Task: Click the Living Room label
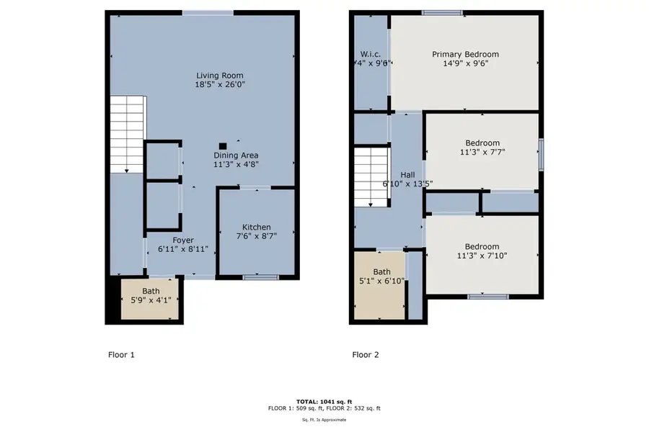[x=219, y=75]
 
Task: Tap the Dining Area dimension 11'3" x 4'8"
[x=236, y=164]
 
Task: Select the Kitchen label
[x=256, y=225]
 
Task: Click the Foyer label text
[x=182, y=240]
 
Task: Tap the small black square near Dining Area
[x=223, y=145]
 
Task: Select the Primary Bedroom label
[x=465, y=54]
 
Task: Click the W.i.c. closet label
[x=371, y=54]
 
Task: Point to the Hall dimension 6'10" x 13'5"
[x=407, y=183]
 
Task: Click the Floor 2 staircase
[x=371, y=176]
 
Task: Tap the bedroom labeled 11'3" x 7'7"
[x=482, y=152]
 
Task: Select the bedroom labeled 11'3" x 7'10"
[x=482, y=254]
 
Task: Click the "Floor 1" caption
[x=120, y=354]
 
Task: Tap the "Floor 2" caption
[x=365, y=354]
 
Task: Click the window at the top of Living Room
[x=208, y=12]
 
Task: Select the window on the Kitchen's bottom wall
[x=260, y=277]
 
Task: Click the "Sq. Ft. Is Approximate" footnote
[x=324, y=418]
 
